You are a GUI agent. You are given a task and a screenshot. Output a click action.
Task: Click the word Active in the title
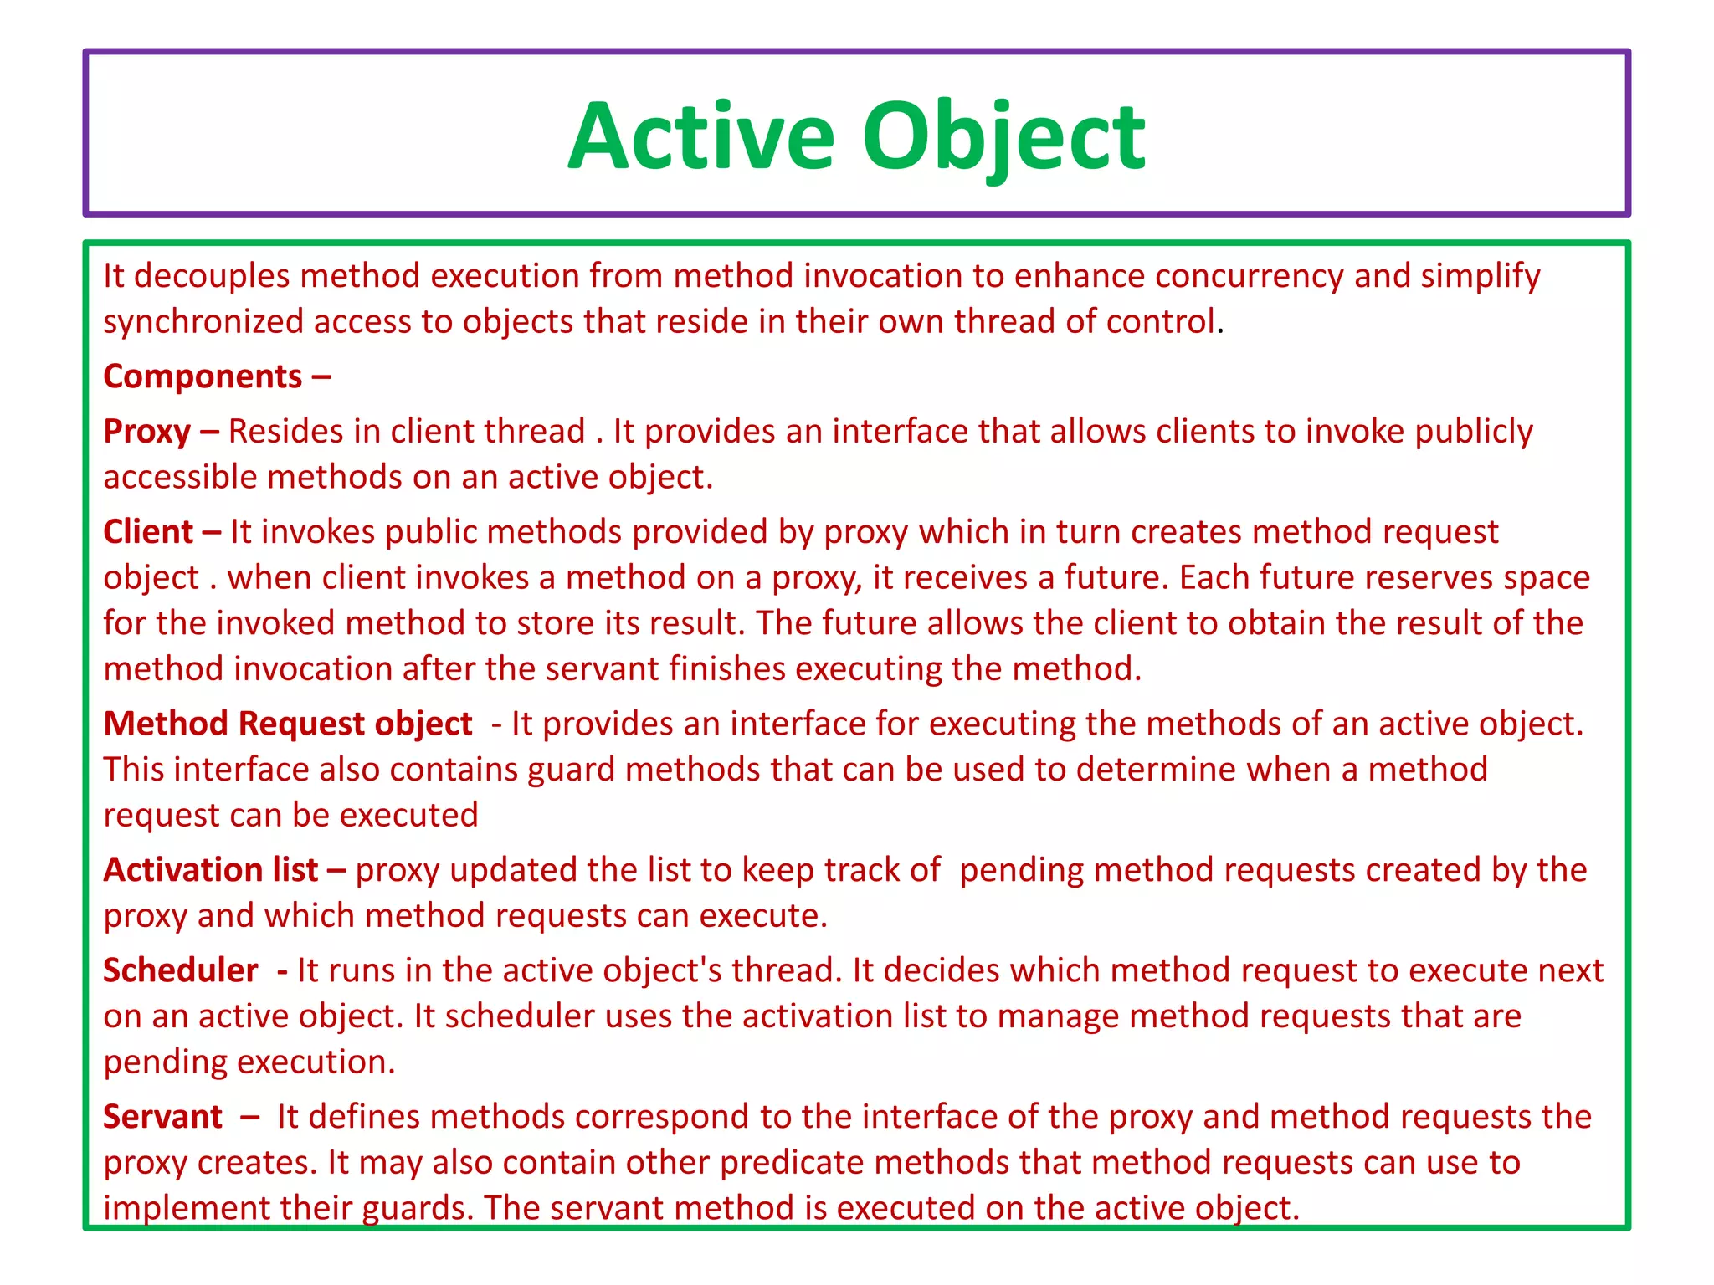point(701,136)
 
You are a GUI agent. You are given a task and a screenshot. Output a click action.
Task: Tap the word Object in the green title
point(1003,136)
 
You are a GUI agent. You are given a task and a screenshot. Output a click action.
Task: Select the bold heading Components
point(203,376)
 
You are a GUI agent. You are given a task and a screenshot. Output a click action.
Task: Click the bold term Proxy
point(147,432)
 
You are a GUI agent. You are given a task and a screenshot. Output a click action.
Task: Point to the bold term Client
point(149,532)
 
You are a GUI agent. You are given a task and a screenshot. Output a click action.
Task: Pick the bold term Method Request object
point(288,724)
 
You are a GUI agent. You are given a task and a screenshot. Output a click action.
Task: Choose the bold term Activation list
point(211,870)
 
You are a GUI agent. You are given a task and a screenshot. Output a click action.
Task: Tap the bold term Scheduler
point(181,970)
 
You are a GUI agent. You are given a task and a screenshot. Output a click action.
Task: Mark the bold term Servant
point(163,1117)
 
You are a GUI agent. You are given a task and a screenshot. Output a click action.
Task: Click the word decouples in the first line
point(212,276)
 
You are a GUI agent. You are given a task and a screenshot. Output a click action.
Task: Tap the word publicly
point(1474,432)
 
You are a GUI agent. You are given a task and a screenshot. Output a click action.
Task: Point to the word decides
point(938,970)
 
